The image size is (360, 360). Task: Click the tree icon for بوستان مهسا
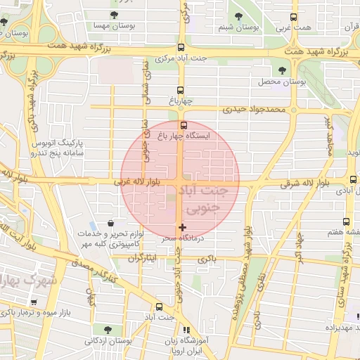point(115,14)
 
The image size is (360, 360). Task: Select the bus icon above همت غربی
point(293,17)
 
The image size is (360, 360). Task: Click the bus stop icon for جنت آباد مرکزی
point(181,45)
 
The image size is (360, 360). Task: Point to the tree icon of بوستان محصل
point(283,70)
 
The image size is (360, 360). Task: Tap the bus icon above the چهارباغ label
point(181,90)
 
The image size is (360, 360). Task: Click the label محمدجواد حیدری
point(255,110)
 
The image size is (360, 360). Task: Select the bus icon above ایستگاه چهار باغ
point(184,125)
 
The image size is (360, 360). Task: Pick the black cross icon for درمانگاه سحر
point(183,227)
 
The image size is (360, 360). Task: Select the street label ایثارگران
point(143,258)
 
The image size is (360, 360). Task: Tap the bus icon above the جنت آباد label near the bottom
point(160,307)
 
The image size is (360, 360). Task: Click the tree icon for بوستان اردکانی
point(107,329)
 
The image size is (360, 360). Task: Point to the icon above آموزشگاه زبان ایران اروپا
point(186,329)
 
